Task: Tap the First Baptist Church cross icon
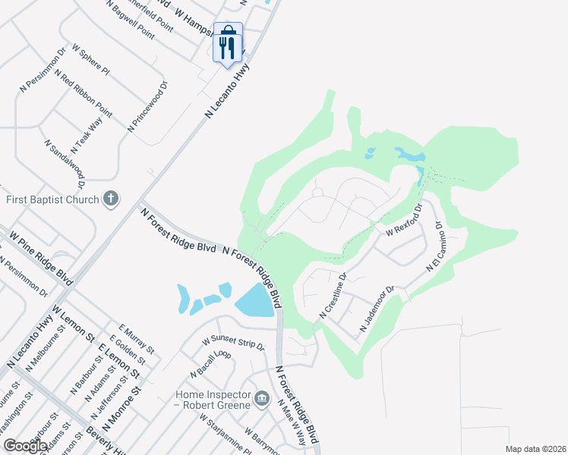[x=111, y=199]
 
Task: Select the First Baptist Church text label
[x=52, y=199]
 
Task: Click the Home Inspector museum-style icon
[x=261, y=399]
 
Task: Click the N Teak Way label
[x=87, y=134]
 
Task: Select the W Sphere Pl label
[x=90, y=59]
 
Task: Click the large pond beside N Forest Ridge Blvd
[x=255, y=303]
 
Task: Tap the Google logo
[x=26, y=446]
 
